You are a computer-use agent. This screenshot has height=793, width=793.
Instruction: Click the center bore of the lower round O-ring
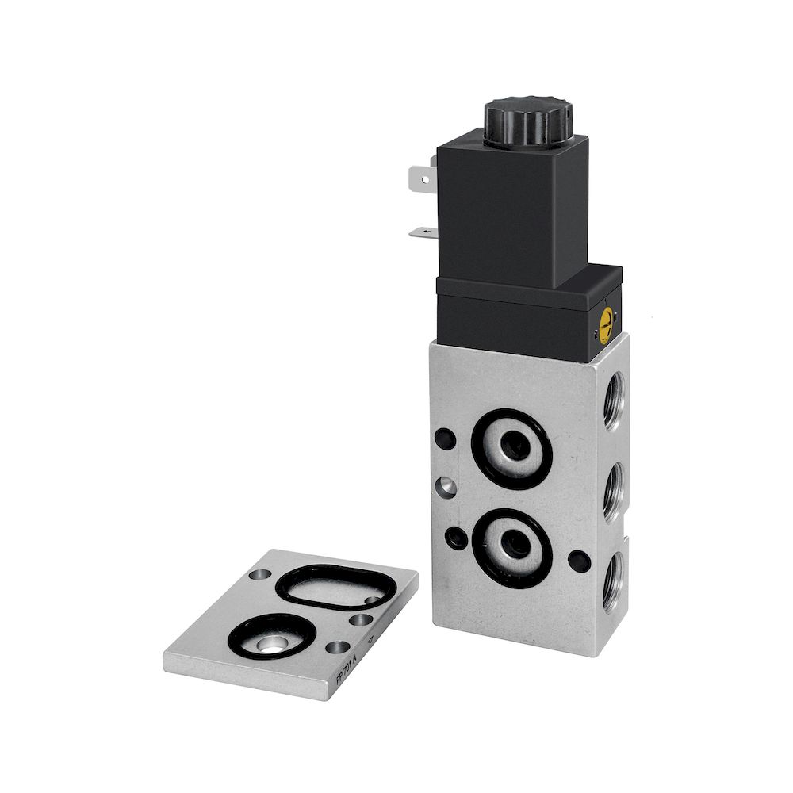point(511,546)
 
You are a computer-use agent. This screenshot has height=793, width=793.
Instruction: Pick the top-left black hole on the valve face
point(445,437)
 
